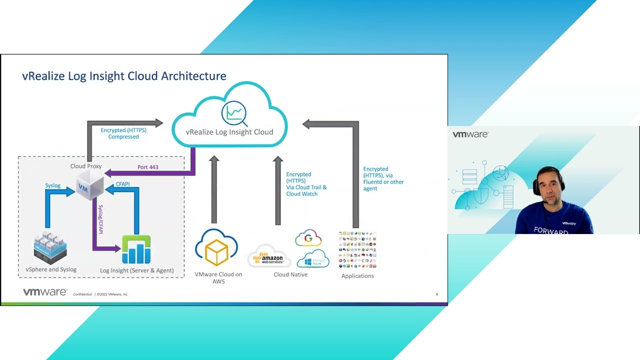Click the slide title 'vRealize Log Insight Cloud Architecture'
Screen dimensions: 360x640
pos(124,76)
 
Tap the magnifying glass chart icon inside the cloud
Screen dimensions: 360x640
pos(234,113)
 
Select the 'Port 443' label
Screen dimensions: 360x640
pos(147,167)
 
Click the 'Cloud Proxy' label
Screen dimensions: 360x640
pos(86,166)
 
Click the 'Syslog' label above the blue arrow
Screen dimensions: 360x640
pos(52,185)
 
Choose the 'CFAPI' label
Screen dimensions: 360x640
pos(122,184)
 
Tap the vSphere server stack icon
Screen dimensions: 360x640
pos(50,247)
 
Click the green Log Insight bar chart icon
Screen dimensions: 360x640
pos(136,249)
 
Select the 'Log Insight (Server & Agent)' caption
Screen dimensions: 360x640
pos(136,270)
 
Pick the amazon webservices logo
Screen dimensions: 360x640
pos(269,256)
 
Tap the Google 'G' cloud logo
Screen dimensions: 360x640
pos(308,238)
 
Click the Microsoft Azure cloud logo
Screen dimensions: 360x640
pos(313,259)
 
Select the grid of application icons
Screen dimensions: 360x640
pos(357,250)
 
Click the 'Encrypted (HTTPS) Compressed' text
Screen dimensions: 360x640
pos(123,133)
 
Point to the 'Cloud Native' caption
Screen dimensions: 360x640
pos(290,274)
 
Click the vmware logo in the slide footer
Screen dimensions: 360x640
pos(45,292)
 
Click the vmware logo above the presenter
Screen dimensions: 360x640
pos(470,134)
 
